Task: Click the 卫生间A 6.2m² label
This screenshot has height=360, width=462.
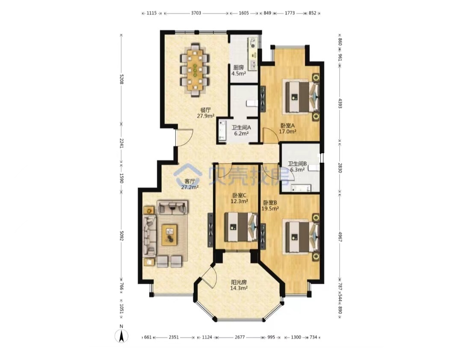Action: pos(241,130)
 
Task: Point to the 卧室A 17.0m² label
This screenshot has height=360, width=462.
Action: pos(287,128)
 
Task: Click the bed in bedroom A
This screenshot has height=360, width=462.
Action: pos(300,97)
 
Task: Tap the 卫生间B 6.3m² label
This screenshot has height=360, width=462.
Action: pos(297,167)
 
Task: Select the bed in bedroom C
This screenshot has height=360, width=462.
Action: pos(241,227)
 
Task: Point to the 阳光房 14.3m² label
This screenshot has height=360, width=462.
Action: pos(239,285)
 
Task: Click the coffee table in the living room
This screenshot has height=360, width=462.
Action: pos(169,235)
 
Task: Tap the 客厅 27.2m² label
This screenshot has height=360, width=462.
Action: pos(190,184)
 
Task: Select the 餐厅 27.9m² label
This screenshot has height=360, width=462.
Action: pos(205,113)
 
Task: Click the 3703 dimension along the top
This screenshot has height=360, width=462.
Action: pos(196,13)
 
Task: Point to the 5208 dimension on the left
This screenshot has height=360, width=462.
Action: pos(121,79)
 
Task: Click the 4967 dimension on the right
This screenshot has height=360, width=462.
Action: pos(340,236)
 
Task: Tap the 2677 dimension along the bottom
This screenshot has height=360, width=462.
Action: pos(240,337)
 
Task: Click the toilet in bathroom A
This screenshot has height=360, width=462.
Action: pos(252,103)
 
